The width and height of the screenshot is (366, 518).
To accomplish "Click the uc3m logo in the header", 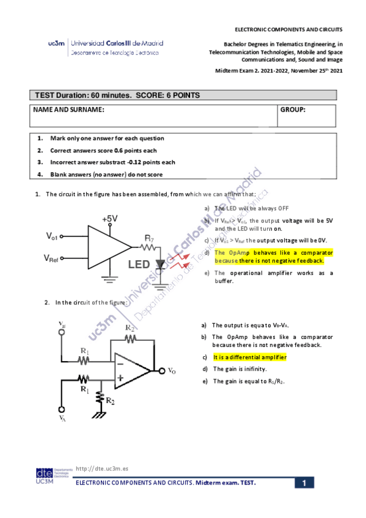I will coord(56,44).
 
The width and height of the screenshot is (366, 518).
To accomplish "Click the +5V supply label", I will coord(111,219).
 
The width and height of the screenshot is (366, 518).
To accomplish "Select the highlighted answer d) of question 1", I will coord(273,257).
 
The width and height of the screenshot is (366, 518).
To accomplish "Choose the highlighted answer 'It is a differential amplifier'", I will coord(249,357).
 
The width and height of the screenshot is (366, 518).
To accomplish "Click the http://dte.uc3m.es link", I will coord(101,469).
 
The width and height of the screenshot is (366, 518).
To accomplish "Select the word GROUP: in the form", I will coord(293,109).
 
